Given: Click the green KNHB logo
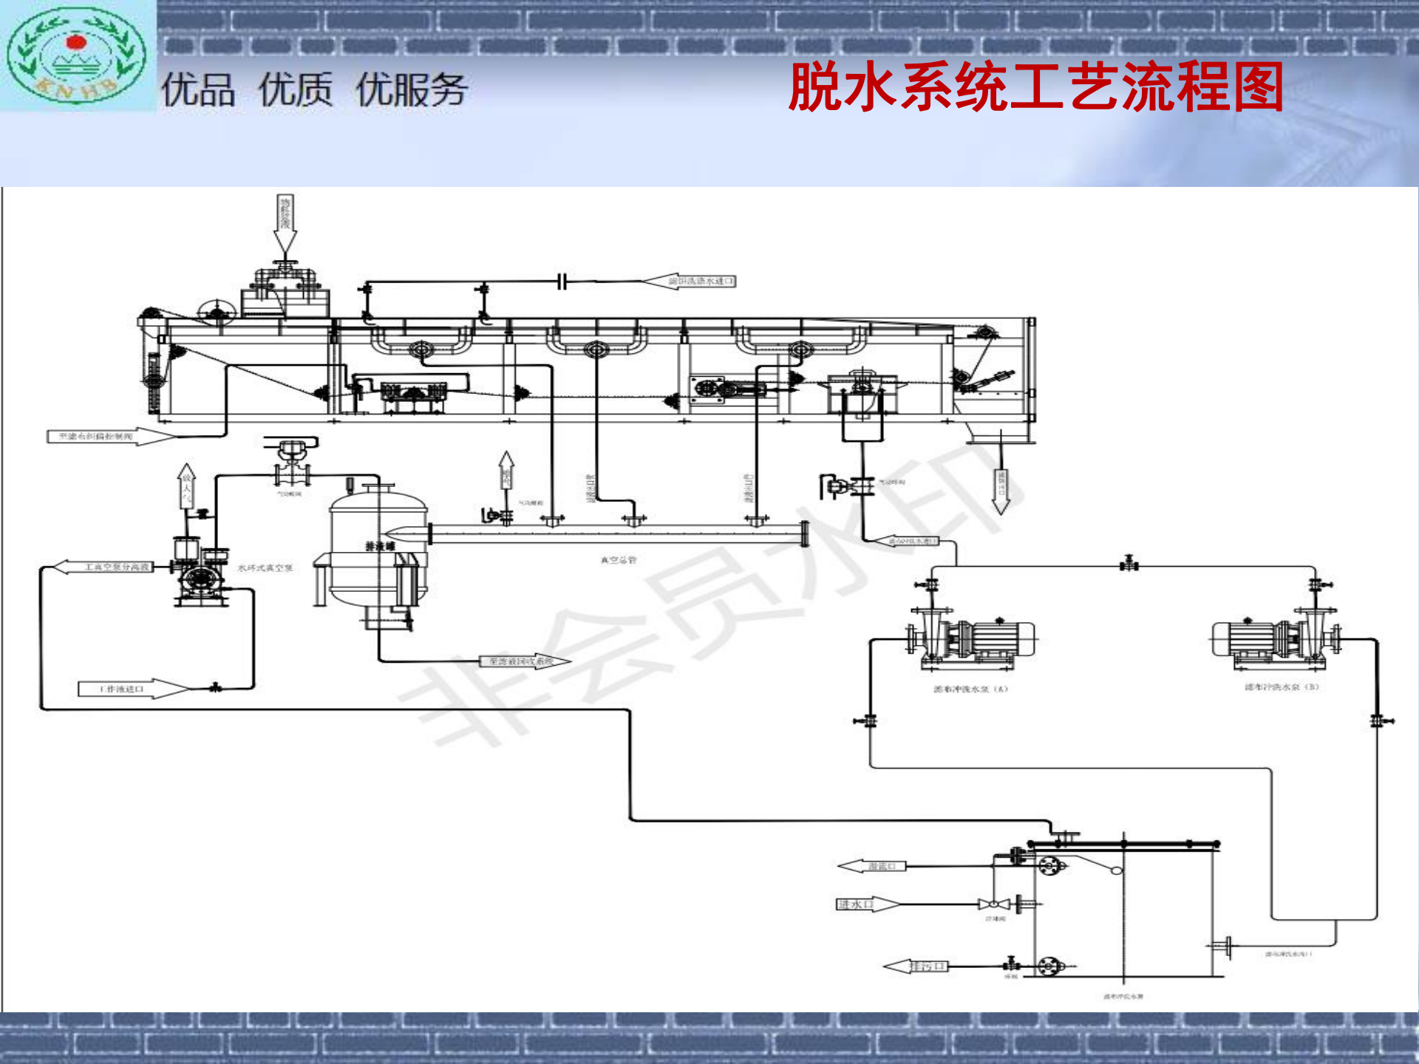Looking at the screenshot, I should tap(76, 55).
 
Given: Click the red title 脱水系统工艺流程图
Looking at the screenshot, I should tap(1035, 87).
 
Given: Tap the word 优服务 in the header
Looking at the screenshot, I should tap(411, 90).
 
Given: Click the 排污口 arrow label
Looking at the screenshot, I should tap(916, 966).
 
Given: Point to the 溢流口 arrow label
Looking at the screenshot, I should tap(872, 866).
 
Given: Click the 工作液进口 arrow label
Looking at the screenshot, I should tap(133, 689).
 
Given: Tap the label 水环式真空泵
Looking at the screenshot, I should tap(265, 568).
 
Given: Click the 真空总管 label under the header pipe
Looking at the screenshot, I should tap(618, 560).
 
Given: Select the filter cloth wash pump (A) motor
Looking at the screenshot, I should tap(1001, 638).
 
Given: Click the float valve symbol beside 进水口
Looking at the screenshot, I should tap(994, 904).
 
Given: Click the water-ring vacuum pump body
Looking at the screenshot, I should tap(200, 579).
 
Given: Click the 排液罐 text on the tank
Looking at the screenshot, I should tap(380, 546).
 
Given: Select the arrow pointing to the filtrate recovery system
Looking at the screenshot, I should tap(525, 661).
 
